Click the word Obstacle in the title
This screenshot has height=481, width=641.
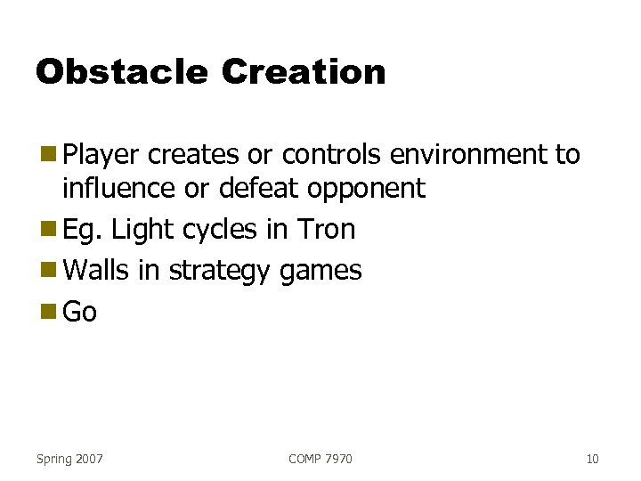[x=121, y=72]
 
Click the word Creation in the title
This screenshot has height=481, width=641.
[x=304, y=72]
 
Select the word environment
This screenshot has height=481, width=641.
[x=458, y=155]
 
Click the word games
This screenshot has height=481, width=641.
[x=320, y=270]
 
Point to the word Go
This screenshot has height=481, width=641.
[x=80, y=312]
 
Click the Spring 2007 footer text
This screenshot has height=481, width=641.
[x=69, y=459]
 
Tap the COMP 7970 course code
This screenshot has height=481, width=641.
[x=320, y=459]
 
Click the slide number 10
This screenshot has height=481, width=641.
[x=592, y=459]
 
